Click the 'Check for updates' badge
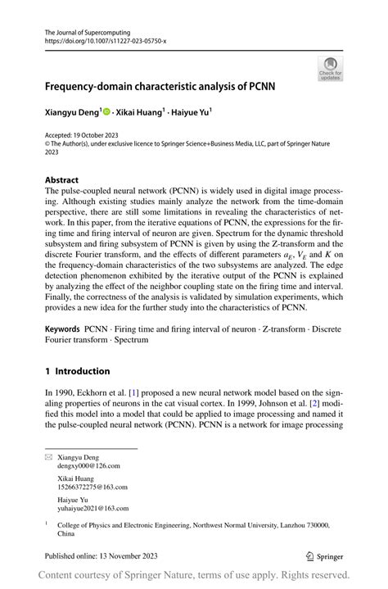point(330,68)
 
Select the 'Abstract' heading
point(62,179)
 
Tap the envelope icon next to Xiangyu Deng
point(48,455)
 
